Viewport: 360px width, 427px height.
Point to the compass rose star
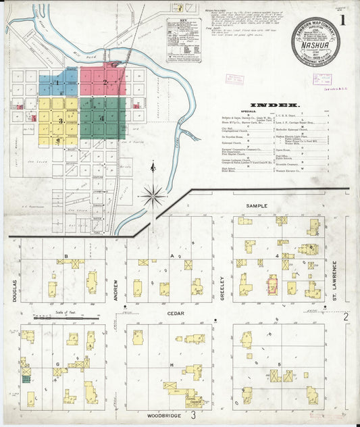(155, 197)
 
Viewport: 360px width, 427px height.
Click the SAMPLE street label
(257, 205)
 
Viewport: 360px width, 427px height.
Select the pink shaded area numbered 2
(103, 81)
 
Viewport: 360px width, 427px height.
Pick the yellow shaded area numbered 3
(59, 122)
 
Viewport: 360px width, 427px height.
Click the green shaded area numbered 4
(103, 119)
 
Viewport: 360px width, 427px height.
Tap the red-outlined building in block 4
(274, 285)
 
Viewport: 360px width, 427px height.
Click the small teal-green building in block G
(26, 379)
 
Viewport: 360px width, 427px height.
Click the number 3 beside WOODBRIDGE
(192, 414)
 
